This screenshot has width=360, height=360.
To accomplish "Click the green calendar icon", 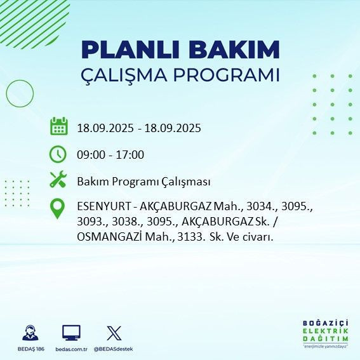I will (x=58, y=126).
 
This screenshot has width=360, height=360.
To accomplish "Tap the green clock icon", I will (x=58, y=154).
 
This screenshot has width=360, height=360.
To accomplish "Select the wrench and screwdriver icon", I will (x=58, y=180).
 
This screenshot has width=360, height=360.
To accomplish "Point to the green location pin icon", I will (x=58, y=209).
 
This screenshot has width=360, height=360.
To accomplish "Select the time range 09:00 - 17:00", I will (x=110, y=155).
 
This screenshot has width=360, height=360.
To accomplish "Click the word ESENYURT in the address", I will (x=100, y=207).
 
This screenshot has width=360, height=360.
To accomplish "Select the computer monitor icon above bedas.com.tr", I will (x=71, y=333).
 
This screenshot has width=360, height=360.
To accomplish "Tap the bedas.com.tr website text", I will (x=71, y=349).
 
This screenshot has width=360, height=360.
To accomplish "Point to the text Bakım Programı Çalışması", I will (x=143, y=182).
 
